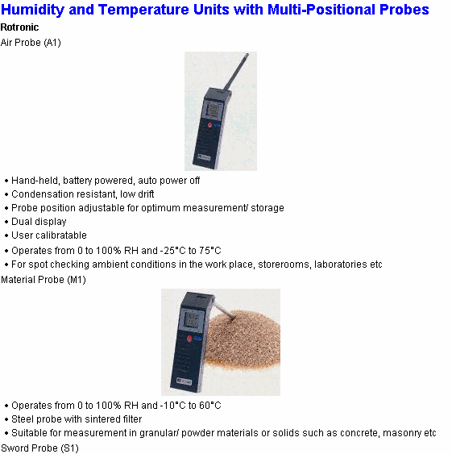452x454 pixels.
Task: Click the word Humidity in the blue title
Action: [x=32, y=10]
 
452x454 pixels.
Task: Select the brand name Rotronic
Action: [x=19, y=27]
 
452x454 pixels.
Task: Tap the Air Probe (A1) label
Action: [x=31, y=43]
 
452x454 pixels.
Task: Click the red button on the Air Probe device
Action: [x=209, y=125]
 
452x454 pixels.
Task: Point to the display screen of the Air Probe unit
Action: [x=214, y=110]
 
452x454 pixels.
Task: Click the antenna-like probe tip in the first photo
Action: [x=247, y=55]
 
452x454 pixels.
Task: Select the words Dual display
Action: [x=39, y=222]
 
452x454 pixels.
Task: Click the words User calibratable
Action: [x=49, y=235]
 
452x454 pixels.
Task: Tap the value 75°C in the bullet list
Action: [x=209, y=251]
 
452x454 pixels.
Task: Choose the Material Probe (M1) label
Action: [x=44, y=280]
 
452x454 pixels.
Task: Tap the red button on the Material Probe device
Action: [x=189, y=339]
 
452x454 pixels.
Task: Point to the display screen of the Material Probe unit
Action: [x=192, y=319]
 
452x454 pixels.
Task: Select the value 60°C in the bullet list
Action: [x=209, y=406]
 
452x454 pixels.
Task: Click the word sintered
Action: [x=98, y=419]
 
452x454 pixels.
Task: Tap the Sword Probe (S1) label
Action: [x=39, y=448]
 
